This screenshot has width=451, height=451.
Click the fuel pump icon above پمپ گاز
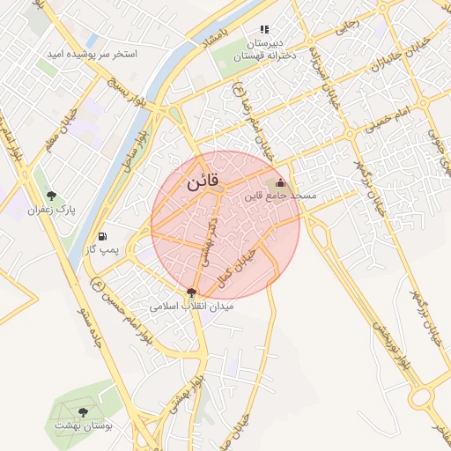(105, 237)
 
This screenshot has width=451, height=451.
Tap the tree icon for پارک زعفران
(52, 195)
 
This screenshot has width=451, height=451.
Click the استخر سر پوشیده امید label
(93, 54)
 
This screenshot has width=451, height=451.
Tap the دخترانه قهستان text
(264, 55)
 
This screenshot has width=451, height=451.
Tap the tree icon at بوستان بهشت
(83, 411)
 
